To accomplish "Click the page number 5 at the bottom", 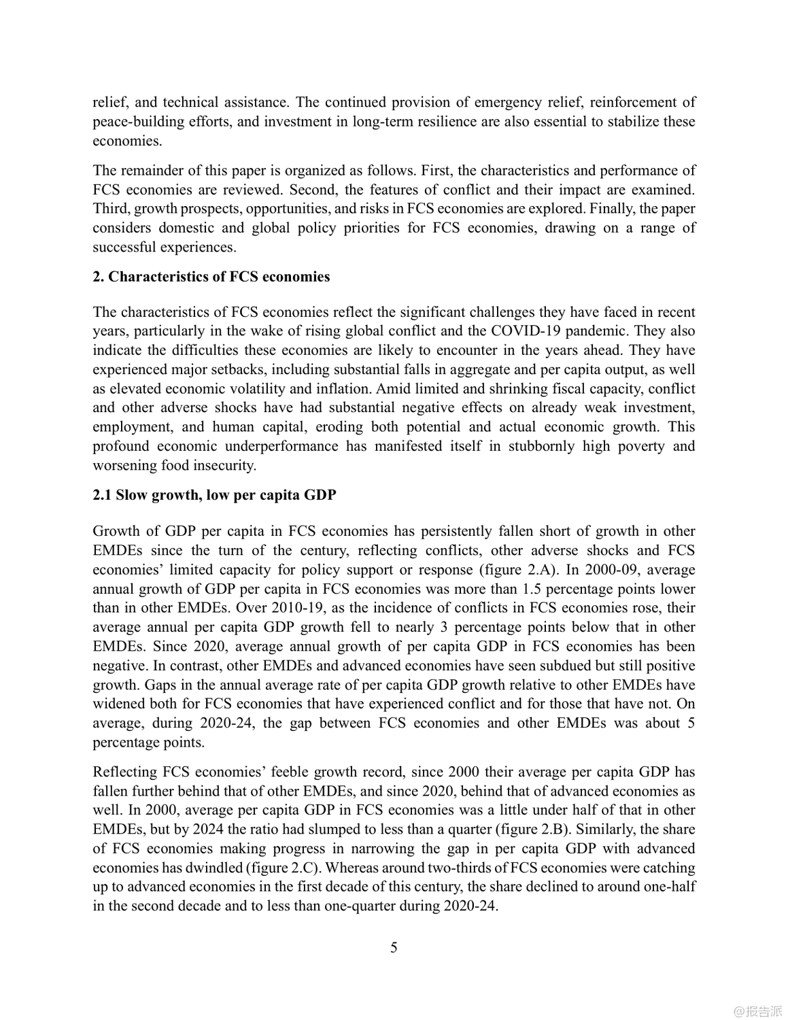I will coord(394,947).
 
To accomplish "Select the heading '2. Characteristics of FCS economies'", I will coord(211,277).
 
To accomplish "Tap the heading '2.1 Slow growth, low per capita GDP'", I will coord(214,495).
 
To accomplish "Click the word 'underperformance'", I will coord(281,446).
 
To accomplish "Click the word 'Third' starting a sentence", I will coord(109,209).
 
